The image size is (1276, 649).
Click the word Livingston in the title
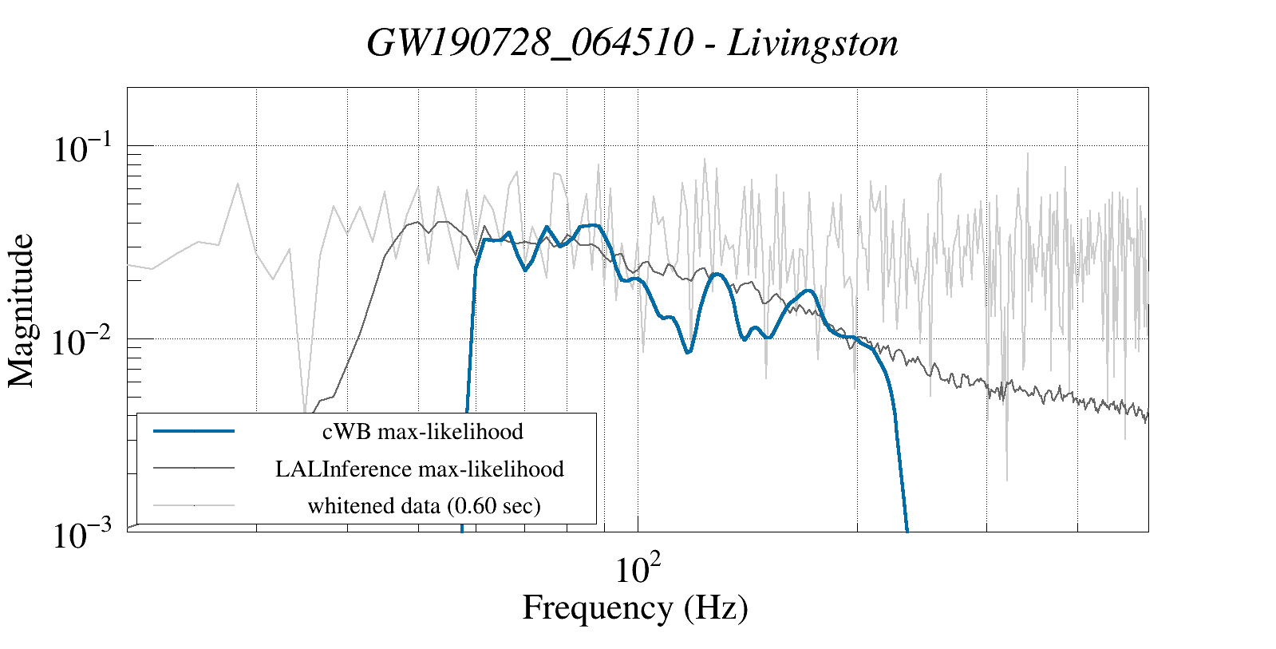point(812,43)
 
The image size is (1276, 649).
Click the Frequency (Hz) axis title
point(635,607)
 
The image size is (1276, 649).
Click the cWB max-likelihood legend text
point(422,432)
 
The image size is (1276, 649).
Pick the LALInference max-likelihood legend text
point(420,469)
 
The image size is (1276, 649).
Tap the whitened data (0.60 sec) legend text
point(424,505)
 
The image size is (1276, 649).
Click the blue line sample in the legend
point(194,431)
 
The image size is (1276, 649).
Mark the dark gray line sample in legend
point(194,468)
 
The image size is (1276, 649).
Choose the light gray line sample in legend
point(194,505)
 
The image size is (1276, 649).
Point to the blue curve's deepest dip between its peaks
point(689,352)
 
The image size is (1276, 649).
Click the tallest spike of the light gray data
point(1027,153)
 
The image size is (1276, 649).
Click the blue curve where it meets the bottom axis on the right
point(907,528)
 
